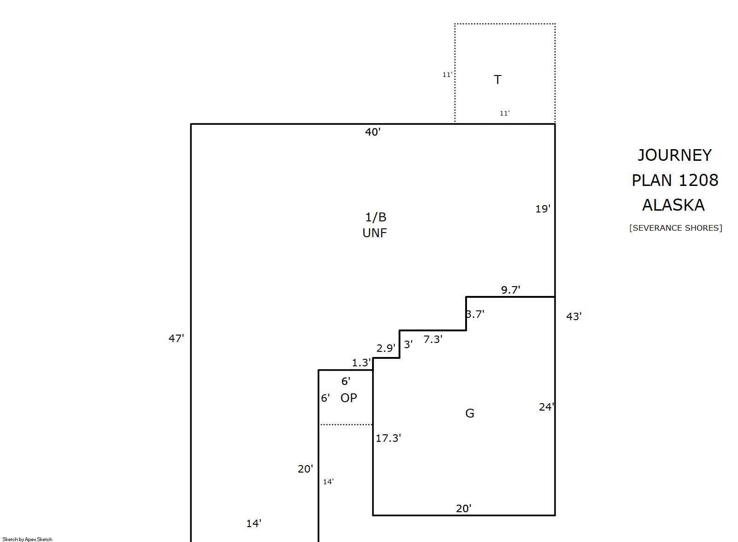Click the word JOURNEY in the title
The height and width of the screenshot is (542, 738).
(674, 155)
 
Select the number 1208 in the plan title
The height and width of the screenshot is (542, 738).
(698, 180)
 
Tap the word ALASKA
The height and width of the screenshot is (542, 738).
(673, 205)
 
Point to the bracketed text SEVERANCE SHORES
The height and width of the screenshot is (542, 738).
(676, 228)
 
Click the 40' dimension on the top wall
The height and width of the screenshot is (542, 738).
(372, 132)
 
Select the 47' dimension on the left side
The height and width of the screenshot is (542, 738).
(176, 338)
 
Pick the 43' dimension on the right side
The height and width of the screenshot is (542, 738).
(574, 316)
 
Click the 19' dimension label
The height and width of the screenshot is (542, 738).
(543, 209)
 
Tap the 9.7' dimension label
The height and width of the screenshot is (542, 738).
(511, 290)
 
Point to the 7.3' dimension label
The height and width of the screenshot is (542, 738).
(433, 339)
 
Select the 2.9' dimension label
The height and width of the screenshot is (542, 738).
(386, 348)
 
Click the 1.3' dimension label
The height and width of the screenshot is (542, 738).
(361, 363)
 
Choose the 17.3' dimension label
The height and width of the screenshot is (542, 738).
(388, 438)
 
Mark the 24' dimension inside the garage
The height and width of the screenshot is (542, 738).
(547, 407)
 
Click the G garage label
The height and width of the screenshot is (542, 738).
(470, 413)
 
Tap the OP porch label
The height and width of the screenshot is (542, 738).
(349, 398)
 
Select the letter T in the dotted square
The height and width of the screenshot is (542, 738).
(497, 79)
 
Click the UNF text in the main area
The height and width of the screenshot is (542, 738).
(375, 233)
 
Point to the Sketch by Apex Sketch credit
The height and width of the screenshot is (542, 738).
(27, 539)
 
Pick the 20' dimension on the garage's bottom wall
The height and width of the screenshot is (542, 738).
(464, 508)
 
